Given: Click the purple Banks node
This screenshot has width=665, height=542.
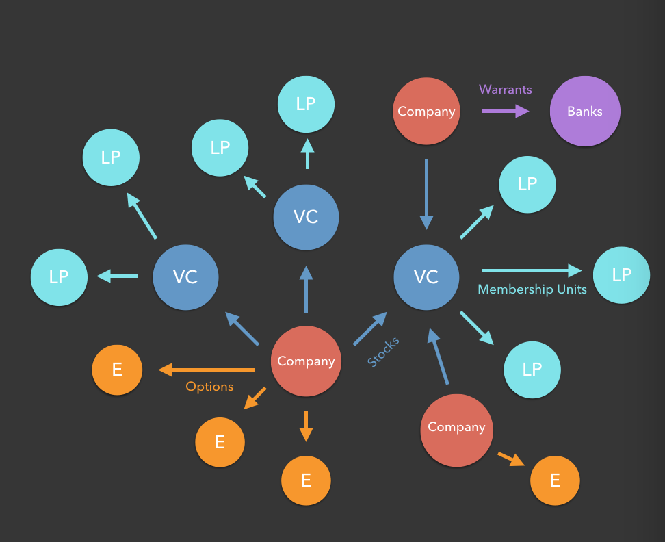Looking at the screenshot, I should coord(585,111).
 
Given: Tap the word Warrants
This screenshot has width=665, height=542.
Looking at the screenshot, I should coord(506,90).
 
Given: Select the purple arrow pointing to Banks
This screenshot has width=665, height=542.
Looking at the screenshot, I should coord(506,111).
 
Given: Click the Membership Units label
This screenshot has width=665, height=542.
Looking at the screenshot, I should coord(532,289).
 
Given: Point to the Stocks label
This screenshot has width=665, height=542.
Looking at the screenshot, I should coord(383,352).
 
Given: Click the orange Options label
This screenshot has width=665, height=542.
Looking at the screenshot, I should coord(209,387).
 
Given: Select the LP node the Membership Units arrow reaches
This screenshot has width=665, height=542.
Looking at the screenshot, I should coord(621,275).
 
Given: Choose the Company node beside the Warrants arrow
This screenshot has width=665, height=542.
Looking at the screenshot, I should coord(426,111).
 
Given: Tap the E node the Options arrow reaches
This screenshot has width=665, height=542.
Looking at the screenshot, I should coord(117,370).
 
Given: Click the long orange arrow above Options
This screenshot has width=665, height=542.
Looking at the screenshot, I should coord(207,370).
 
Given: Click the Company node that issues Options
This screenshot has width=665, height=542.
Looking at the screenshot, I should coord(306,361).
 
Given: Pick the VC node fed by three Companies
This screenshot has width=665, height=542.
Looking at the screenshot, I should coord(426,276).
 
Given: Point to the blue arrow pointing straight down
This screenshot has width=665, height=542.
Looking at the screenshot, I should coord(426,194).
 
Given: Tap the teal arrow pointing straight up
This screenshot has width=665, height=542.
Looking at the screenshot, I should coord(307,154).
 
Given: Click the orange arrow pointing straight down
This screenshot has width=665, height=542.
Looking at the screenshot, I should coord(306,426).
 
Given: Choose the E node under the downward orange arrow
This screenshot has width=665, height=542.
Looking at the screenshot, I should coord(306,480).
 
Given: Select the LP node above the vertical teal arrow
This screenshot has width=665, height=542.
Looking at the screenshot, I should coord(306,104).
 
